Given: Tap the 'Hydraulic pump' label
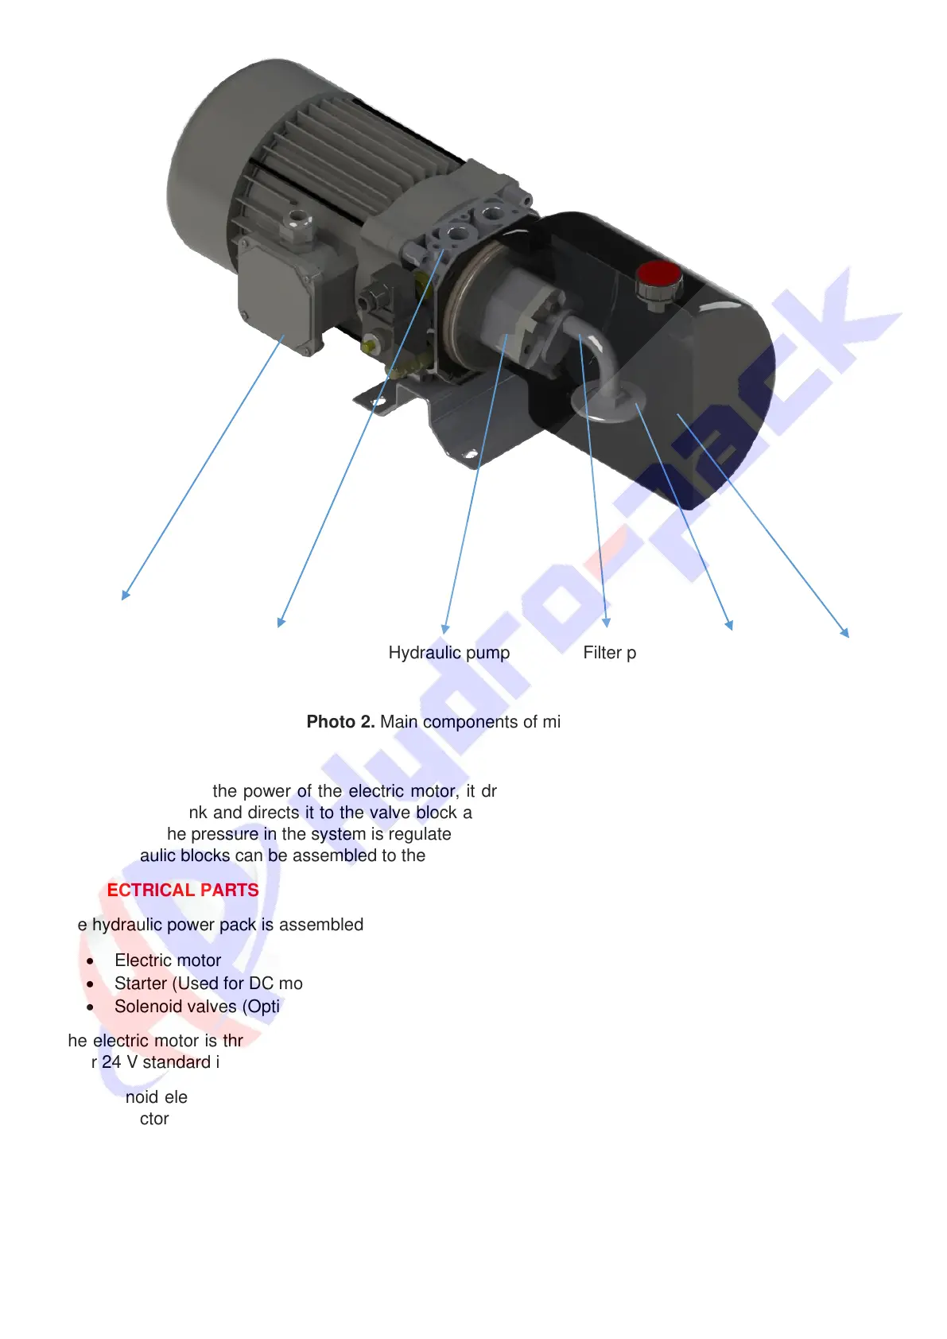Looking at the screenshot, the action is coord(448,653).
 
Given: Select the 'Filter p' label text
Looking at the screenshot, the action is coord(609,653).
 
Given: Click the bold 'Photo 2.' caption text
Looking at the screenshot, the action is coord(340,722).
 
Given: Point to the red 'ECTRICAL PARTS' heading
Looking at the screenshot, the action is coord(183,891).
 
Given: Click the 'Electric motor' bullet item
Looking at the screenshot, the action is coord(168,961).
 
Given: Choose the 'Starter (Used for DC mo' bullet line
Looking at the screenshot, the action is coord(208,984).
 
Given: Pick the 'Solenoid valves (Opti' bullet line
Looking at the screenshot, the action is coord(197,1007).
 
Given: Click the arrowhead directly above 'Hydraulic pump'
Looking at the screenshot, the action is coord(445,628).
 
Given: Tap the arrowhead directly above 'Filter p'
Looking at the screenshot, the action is coord(606,623).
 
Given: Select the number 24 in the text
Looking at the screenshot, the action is coord(111,1062).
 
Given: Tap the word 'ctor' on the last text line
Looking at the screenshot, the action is coord(154,1119).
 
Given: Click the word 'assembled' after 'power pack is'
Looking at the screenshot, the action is coord(321,925).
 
